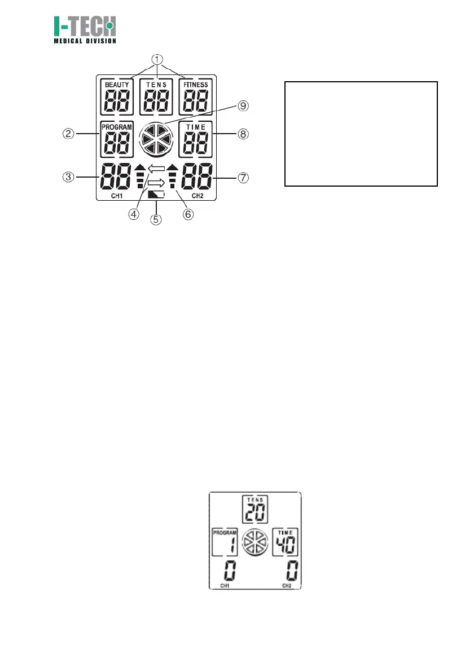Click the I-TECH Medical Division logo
click(85, 29)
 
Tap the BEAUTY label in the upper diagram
click(117, 85)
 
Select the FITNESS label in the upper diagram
click(193, 85)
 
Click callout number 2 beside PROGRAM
click(69, 135)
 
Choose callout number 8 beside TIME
click(244, 134)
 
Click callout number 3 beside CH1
click(69, 176)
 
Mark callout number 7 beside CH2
click(244, 176)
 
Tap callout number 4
click(134, 215)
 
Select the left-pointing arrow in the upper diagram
click(155, 167)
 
